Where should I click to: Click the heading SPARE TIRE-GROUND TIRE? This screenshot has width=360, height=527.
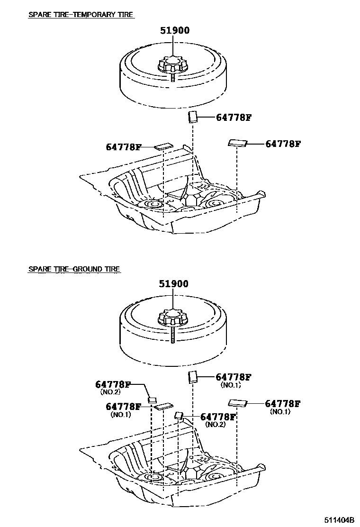click(74, 269)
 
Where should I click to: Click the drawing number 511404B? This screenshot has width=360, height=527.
click(340, 519)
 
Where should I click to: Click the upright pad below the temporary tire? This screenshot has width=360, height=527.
click(193, 117)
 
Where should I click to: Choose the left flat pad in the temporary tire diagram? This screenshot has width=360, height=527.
click(164, 146)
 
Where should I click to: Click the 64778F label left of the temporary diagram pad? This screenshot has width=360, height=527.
click(123, 147)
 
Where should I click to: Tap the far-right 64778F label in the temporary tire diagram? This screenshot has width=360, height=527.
click(283, 144)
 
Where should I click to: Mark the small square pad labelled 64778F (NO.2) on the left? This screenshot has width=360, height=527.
click(153, 399)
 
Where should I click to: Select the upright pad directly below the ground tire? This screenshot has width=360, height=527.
click(193, 376)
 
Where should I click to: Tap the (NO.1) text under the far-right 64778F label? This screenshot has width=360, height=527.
click(279, 412)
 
